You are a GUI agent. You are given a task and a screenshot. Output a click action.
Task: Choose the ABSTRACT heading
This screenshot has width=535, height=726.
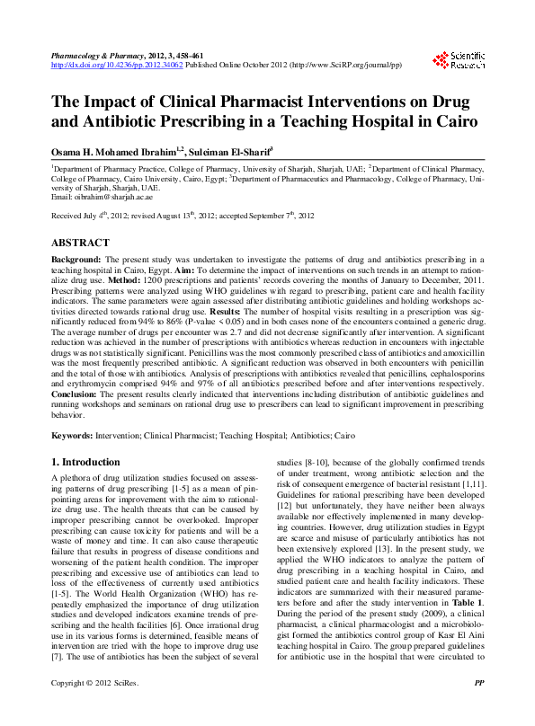[x=81, y=243]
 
